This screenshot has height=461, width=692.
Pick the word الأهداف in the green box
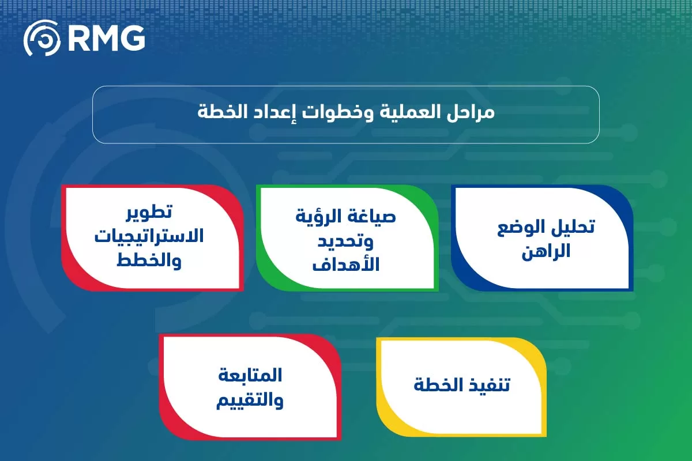point(346,265)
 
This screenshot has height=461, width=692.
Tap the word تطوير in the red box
point(149,211)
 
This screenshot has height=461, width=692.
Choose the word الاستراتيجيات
point(149,236)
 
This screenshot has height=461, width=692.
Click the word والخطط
point(149,261)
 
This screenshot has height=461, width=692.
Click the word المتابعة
point(250,375)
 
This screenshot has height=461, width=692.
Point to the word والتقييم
point(250,400)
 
